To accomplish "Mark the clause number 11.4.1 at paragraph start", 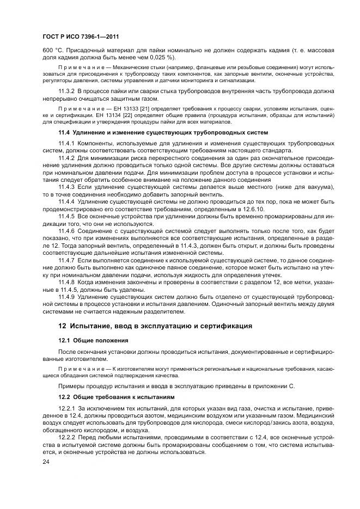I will (67, 143).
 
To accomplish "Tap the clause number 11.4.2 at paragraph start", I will (67, 157).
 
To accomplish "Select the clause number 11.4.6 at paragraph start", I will (67, 231).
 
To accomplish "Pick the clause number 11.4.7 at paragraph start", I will (67, 261).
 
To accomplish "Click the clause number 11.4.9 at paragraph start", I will (67, 297).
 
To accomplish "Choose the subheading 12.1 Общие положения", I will (93, 341).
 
